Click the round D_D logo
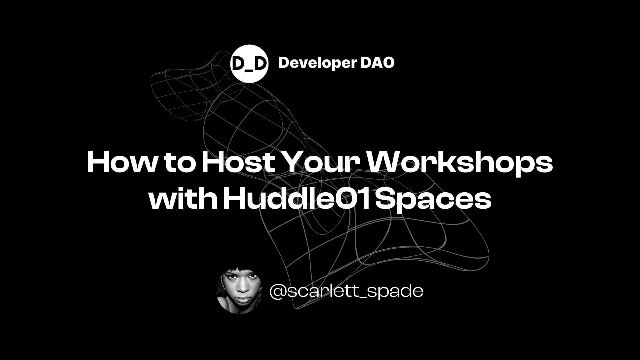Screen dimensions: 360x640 point(249,63)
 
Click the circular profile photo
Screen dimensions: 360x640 point(239,290)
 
